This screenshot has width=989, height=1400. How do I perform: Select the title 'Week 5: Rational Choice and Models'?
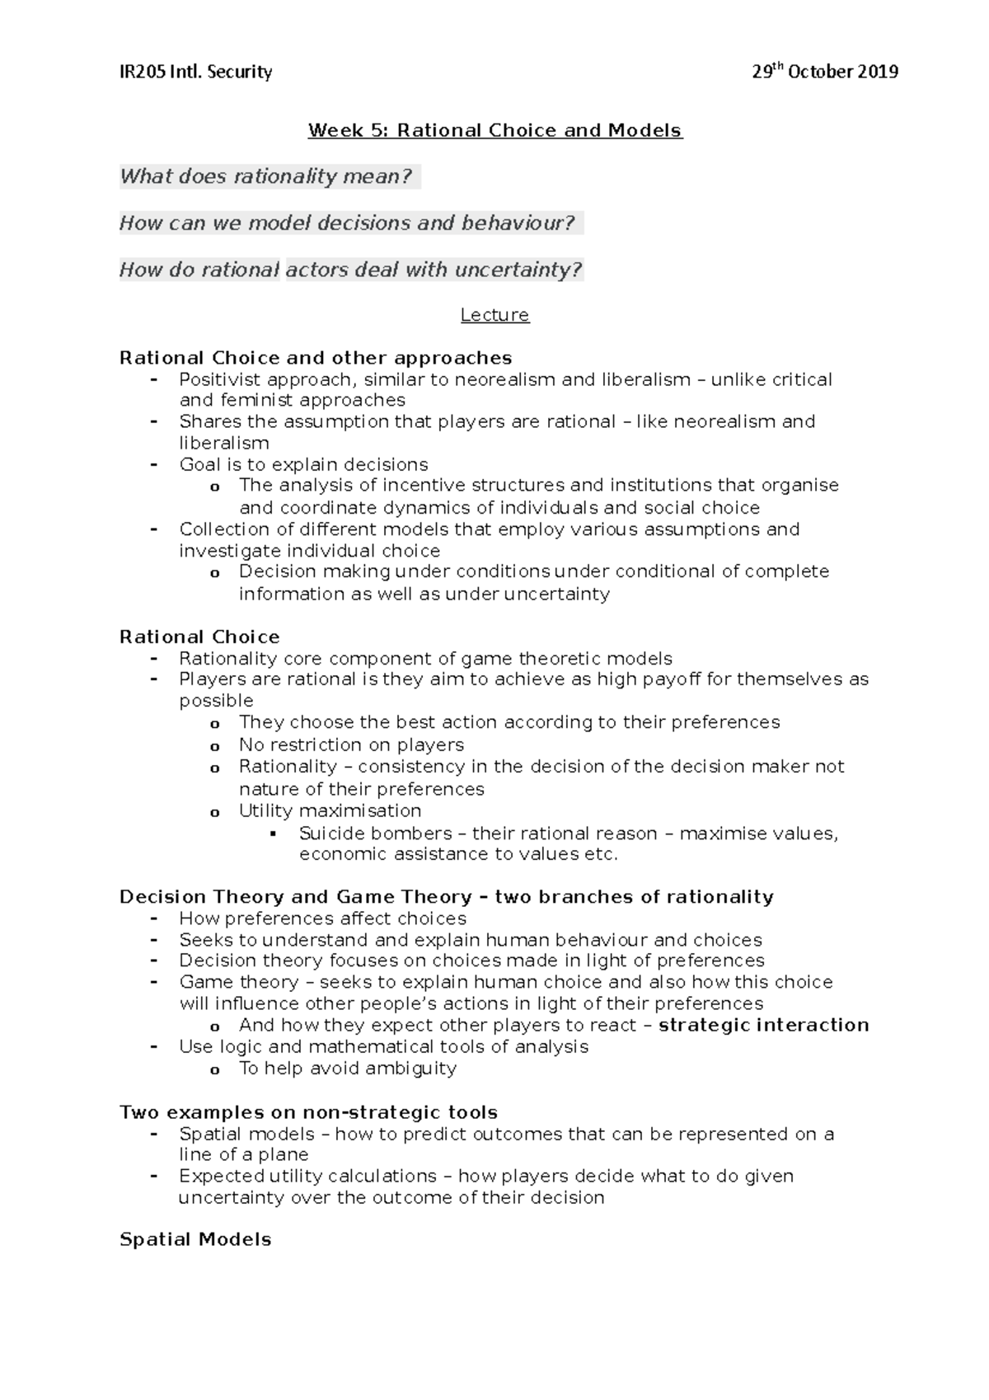click(x=494, y=130)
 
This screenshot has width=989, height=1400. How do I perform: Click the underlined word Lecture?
click(x=494, y=315)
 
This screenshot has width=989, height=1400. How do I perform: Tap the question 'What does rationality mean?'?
click(x=265, y=176)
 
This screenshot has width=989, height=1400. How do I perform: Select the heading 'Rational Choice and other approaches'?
click(x=316, y=358)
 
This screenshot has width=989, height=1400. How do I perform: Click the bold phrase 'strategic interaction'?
click(x=764, y=1025)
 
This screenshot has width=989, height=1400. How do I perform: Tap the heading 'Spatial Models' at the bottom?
click(x=195, y=1239)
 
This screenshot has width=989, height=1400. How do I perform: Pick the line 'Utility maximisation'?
click(x=330, y=810)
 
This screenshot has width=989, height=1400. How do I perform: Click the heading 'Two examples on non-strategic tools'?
click(x=308, y=1112)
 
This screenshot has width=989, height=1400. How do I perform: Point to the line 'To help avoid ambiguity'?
click(x=347, y=1068)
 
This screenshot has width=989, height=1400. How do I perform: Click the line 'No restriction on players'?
click(x=351, y=745)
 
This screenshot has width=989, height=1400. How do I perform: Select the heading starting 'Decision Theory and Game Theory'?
click(x=446, y=896)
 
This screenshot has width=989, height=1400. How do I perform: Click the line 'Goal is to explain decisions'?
click(x=303, y=464)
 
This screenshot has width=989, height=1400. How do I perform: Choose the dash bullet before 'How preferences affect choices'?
click(x=154, y=918)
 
